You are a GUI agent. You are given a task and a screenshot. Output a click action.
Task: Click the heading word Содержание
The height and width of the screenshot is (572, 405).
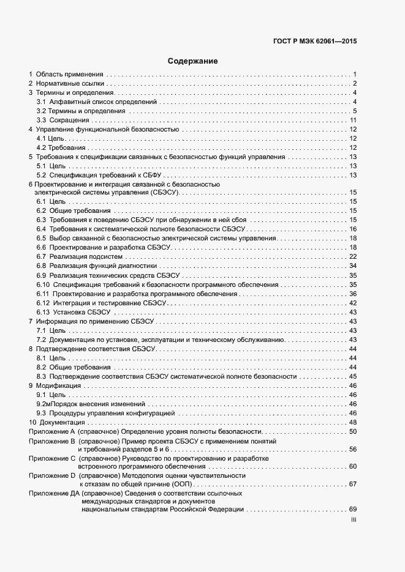tap(193, 61)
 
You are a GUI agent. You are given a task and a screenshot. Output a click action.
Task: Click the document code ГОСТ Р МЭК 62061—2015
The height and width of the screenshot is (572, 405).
tap(314, 42)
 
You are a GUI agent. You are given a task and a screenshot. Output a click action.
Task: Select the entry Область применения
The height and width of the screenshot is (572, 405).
tap(69, 74)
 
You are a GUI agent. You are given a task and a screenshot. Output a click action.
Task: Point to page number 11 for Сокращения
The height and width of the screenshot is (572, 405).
tap(353, 120)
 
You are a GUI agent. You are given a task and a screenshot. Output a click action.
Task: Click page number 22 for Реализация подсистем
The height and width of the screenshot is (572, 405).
tap(353, 256)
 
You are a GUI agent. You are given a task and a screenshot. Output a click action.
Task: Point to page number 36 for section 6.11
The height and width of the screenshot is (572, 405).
tap(353, 294)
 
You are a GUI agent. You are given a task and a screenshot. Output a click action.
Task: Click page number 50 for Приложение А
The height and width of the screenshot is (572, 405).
tap(353, 432)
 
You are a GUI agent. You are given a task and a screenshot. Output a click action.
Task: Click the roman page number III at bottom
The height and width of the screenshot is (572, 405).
tap(354, 519)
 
